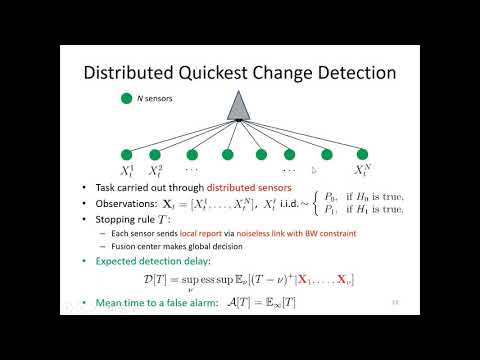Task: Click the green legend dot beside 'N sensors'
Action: (125, 98)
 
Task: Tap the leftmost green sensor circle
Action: (127, 154)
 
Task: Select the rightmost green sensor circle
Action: (361, 154)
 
